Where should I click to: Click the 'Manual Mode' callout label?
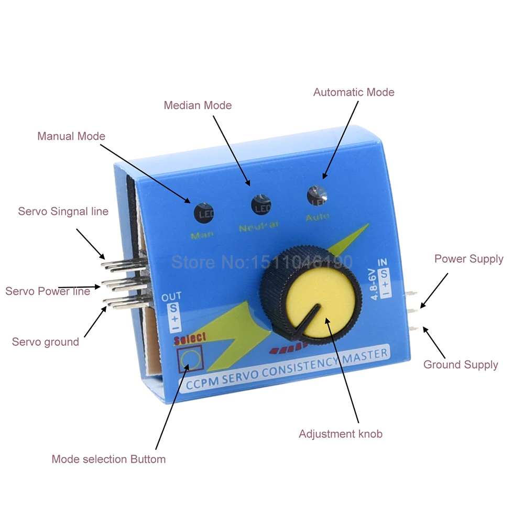click(71, 136)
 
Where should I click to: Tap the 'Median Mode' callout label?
click(198, 105)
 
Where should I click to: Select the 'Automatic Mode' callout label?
click(354, 92)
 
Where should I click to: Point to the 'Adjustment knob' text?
click(341, 434)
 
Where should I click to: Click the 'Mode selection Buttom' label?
click(108, 460)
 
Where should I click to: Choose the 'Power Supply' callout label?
click(468, 259)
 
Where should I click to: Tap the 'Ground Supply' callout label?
click(461, 365)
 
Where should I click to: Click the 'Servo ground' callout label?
click(46, 342)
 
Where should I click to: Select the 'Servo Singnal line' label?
click(63, 211)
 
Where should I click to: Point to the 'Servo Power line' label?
click(48, 291)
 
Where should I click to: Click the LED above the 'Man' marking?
click(204, 213)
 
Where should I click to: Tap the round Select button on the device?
click(189, 361)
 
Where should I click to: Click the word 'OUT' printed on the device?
click(171, 298)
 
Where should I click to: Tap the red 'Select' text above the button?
click(191, 338)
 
